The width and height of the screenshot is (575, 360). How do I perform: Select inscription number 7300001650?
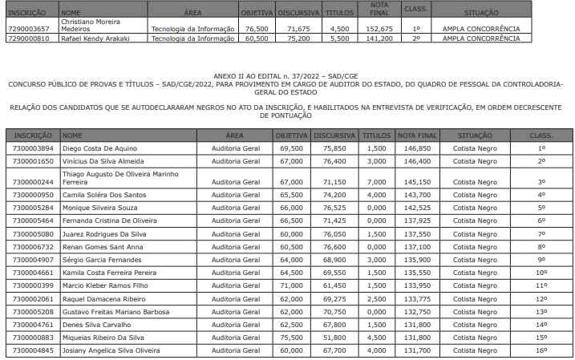coord(34,161)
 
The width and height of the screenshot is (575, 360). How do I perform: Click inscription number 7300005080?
coord(34,233)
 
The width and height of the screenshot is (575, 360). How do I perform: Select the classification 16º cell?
coord(541,350)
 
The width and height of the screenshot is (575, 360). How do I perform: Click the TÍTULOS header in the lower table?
coord(375,136)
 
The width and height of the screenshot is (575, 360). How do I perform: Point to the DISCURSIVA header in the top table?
coord(298,14)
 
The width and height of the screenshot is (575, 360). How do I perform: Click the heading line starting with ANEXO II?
coord(286,72)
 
